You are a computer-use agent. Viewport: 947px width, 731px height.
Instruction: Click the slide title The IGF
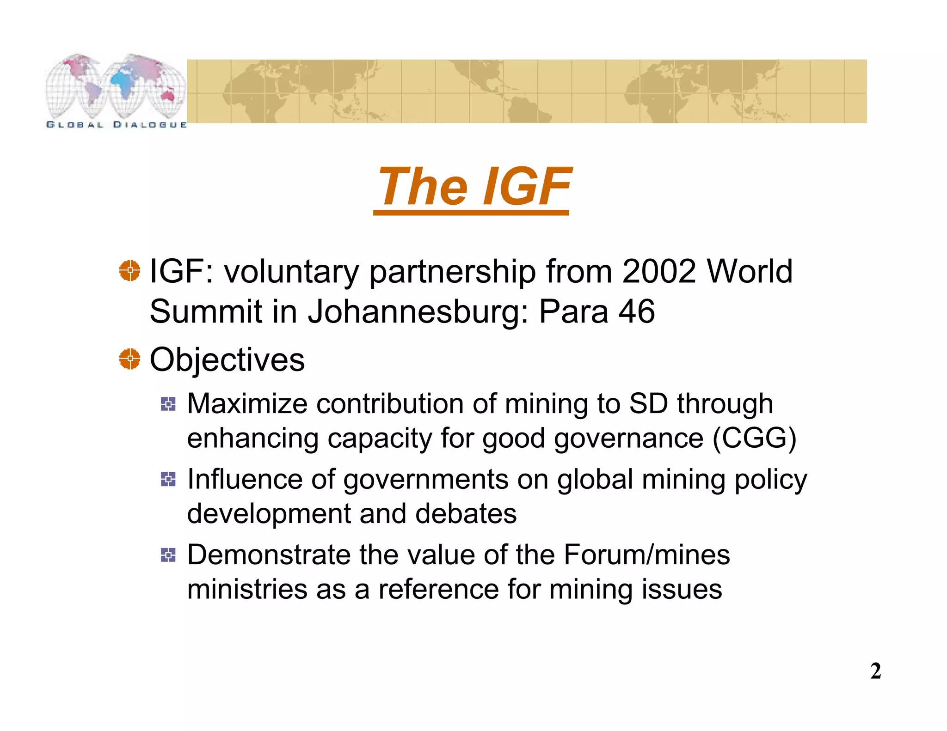tap(473, 187)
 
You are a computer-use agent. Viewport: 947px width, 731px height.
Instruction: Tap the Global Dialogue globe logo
tap(116, 90)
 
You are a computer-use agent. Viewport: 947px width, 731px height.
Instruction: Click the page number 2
tap(875, 671)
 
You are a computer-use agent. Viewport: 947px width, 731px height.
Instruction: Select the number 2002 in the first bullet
tap(658, 271)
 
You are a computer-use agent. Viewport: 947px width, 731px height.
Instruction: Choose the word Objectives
tap(227, 359)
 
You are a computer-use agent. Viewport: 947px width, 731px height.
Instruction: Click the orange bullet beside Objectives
tap(129, 359)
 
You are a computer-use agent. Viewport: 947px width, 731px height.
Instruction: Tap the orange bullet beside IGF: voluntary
tap(129, 271)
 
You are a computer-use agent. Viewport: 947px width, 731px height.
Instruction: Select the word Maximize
tap(247, 404)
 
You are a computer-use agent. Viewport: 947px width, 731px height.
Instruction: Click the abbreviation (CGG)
tap(754, 438)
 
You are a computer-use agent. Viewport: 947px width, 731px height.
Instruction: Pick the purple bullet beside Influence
tap(168, 479)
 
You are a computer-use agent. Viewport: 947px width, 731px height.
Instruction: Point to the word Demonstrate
tap(269, 554)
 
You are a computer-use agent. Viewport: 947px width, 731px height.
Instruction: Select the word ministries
tap(247, 590)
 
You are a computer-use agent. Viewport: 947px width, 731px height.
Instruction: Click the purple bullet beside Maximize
tap(168, 404)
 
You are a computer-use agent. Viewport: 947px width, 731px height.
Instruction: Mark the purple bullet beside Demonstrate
tap(168, 554)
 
